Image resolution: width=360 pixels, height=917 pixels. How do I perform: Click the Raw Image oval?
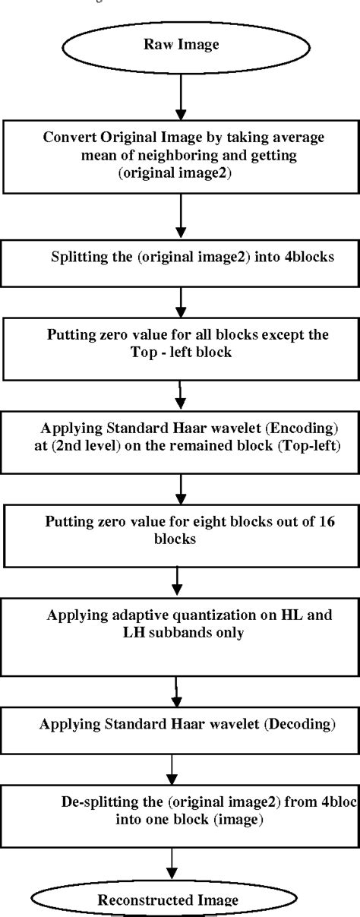[x=181, y=45]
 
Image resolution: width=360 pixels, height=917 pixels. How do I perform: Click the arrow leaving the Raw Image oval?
[x=181, y=95]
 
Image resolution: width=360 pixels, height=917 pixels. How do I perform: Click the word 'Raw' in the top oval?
[x=157, y=45]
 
